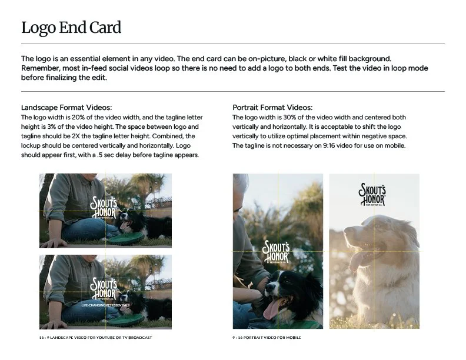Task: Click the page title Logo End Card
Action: tap(71, 27)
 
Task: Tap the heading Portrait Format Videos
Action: tap(272, 108)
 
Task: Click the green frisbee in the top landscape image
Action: tap(133, 236)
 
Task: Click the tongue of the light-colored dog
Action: tap(357, 261)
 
